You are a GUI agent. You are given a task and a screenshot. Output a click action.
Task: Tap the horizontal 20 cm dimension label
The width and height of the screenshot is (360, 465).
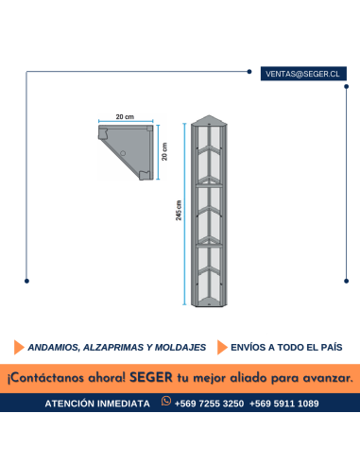click(x=126, y=116)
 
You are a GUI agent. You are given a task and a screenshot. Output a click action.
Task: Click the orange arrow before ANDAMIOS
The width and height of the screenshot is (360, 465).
click(x=19, y=347)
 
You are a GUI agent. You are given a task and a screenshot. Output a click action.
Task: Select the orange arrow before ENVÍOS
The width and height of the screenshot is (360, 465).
click(x=223, y=347)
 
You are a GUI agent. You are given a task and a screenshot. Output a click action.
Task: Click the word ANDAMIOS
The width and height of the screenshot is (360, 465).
click(x=55, y=347)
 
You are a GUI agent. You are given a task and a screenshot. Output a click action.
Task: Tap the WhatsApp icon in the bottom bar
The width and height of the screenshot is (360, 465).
click(x=166, y=403)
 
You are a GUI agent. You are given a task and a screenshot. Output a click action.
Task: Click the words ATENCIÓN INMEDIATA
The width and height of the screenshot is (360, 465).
click(x=97, y=404)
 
